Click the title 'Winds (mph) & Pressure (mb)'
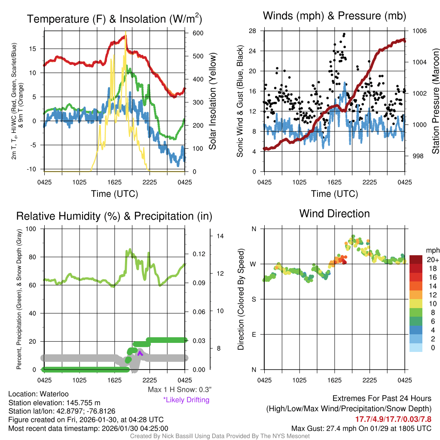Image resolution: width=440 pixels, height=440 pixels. pyautogui.click(x=334, y=16)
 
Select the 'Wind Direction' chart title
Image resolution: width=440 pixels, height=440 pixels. pyautogui.click(x=334, y=214)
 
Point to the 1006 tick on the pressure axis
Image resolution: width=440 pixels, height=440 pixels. pyautogui.click(x=419, y=31)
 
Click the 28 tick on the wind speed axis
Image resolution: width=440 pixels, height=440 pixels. pyautogui.click(x=253, y=31)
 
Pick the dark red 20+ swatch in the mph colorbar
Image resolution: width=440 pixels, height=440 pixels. pyautogui.click(x=416, y=260)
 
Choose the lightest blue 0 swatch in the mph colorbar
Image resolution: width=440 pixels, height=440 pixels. pyautogui.click(x=416, y=347)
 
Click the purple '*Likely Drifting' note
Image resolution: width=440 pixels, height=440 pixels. pyautogui.click(x=186, y=400)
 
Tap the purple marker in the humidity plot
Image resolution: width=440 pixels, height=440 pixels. pyautogui.click(x=139, y=353)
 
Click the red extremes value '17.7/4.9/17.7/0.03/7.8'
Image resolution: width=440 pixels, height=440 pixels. pyautogui.click(x=393, y=419)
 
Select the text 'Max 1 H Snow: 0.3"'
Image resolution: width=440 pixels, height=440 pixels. pyautogui.click(x=179, y=390)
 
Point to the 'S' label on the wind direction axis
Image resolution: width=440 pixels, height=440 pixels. pyautogui.click(x=254, y=299)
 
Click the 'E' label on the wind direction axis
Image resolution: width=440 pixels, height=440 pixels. pyautogui.click(x=254, y=334)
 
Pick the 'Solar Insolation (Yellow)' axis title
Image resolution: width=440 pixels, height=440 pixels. pyautogui.click(x=212, y=101)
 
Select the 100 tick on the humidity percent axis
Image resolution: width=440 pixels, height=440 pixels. pyautogui.click(x=31, y=229)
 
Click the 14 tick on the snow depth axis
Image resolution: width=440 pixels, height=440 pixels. pyautogui.click(x=219, y=236)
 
